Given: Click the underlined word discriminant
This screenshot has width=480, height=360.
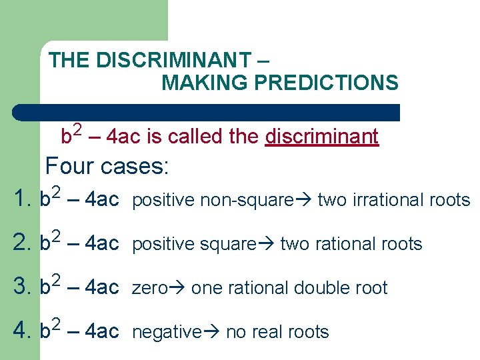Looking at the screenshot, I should tap(322, 137).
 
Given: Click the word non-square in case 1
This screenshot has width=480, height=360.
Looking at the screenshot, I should tap(254, 200).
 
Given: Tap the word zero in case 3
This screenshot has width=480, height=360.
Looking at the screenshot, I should tap(149, 288).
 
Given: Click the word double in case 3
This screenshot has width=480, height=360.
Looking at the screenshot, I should tap(322, 288).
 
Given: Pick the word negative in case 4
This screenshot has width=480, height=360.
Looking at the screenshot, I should tap(166, 332).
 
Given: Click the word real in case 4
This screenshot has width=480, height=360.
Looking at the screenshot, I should tap(268, 332).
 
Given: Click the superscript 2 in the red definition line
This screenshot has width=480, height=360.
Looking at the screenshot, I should tap(77, 129).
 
